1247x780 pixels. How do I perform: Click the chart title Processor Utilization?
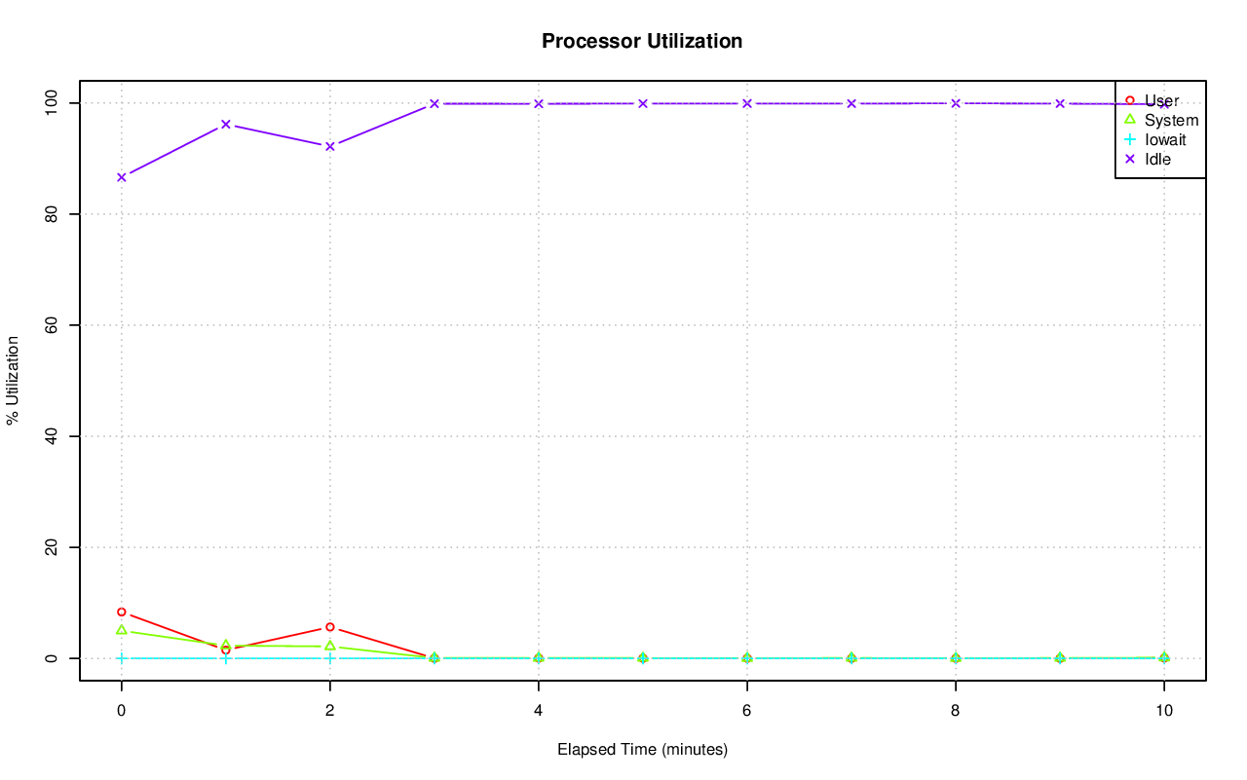point(642,41)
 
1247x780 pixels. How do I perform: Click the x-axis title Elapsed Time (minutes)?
point(642,750)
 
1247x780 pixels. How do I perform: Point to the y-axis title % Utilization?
point(13,380)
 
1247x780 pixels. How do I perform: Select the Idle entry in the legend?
point(1157,159)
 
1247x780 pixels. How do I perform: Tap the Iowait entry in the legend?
point(1165,139)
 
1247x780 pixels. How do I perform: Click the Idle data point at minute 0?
point(122,177)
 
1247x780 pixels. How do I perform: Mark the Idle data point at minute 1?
point(226,125)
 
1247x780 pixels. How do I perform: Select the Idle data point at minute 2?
point(330,146)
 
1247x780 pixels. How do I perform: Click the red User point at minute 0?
point(122,613)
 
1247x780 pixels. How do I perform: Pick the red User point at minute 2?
point(330,627)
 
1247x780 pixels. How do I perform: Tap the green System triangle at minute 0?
point(122,630)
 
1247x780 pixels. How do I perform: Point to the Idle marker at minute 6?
point(747,103)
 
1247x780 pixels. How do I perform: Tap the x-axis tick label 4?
point(539,711)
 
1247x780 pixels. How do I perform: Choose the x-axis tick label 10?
point(1163,711)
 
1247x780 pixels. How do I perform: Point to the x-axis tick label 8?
point(956,711)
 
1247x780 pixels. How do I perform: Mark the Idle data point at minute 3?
point(435,103)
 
